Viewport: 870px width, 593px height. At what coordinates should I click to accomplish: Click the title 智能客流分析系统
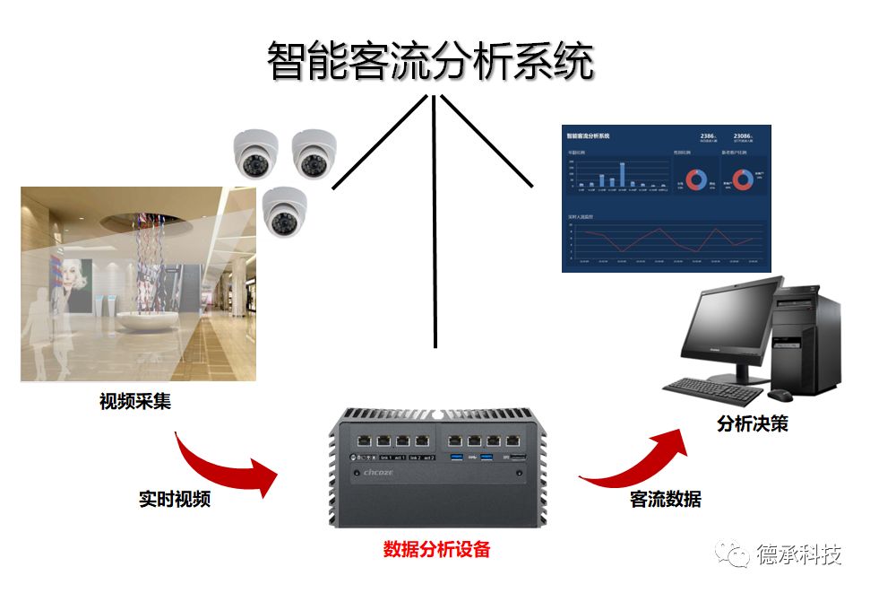pos(431,62)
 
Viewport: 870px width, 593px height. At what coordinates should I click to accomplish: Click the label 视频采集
pos(135,401)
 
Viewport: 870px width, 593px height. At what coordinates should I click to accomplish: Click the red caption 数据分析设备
pos(436,549)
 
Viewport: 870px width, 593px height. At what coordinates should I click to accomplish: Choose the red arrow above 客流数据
pos(638,457)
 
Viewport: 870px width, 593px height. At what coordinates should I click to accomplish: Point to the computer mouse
pos(780,395)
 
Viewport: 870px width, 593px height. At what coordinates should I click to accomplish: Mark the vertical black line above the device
pos(435,224)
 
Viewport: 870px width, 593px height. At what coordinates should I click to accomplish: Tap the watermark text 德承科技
pos(799,555)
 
